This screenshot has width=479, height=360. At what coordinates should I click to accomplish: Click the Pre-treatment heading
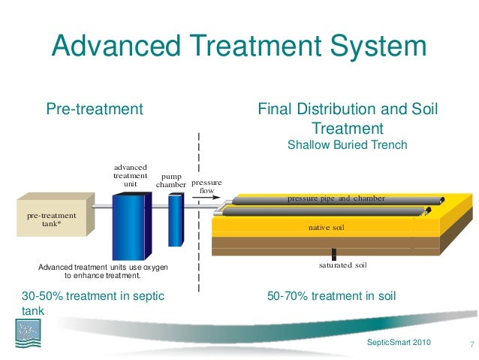click(x=95, y=110)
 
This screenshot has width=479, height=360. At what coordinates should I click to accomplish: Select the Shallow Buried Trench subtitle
click(x=347, y=144)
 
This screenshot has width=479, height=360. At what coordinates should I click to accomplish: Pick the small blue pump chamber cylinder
click(x=176, y=220)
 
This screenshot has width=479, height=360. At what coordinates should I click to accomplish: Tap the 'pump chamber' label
click(x=171, y=180)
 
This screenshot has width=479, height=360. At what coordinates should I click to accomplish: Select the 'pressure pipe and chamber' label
click(x=336, y=198)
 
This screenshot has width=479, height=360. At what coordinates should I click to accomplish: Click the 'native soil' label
click(x=327, y=226)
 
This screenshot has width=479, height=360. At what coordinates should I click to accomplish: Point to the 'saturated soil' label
click(x=333, y=265)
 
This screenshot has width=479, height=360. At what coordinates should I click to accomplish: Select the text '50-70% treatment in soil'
click(x=331, y=297)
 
